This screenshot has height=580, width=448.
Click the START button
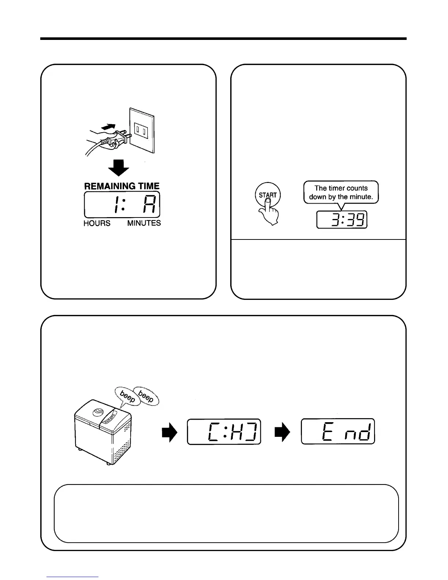[x=268, y=194]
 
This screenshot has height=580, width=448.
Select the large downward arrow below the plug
[x=119, y=168]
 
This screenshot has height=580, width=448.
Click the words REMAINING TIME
[x=122, y=186]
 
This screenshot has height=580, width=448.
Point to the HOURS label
[x=97, y=223]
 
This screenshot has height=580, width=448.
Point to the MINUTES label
[x=144, y=223]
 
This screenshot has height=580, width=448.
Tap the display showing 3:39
[x=342, y=220]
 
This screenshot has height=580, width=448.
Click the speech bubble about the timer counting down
[x=341, y=192]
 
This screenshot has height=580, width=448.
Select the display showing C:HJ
[x=224, y=431]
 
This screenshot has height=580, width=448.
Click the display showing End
[x=338, y=431]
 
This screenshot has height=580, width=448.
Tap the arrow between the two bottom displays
[x=282, y=432]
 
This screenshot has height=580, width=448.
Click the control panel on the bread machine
[x=110, y=419]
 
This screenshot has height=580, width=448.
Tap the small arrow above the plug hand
[x=110, y=127]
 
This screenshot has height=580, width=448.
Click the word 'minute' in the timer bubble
[x=361, y=197]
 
